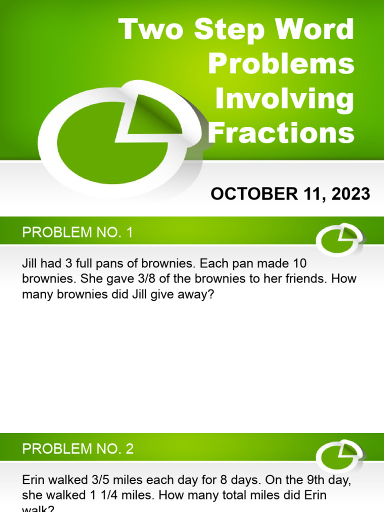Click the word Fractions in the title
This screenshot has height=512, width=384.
(281, 133)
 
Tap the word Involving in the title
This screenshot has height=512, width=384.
(284, 99)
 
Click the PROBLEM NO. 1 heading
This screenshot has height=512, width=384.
(77, 232)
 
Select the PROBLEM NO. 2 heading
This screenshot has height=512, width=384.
(77, 448)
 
